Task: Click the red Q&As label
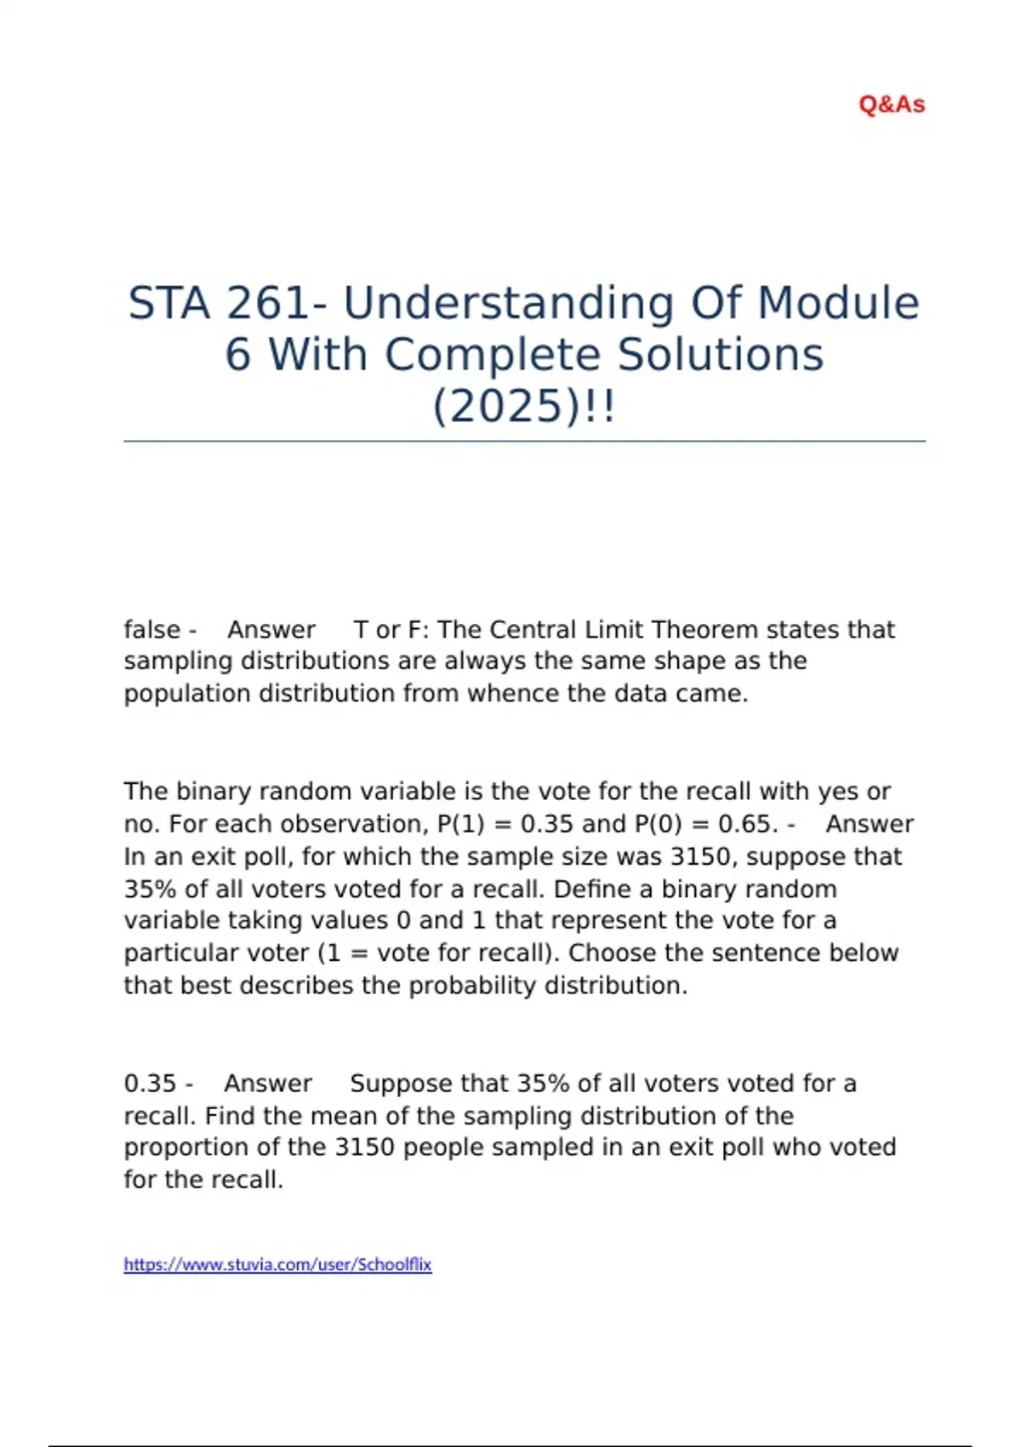(891, 105)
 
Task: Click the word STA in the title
(168, 303)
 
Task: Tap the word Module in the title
(838, 303)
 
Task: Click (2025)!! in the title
(523, 406)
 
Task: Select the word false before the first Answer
(152, 630)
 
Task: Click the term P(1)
(460, 824)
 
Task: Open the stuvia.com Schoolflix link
(277, 1265)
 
